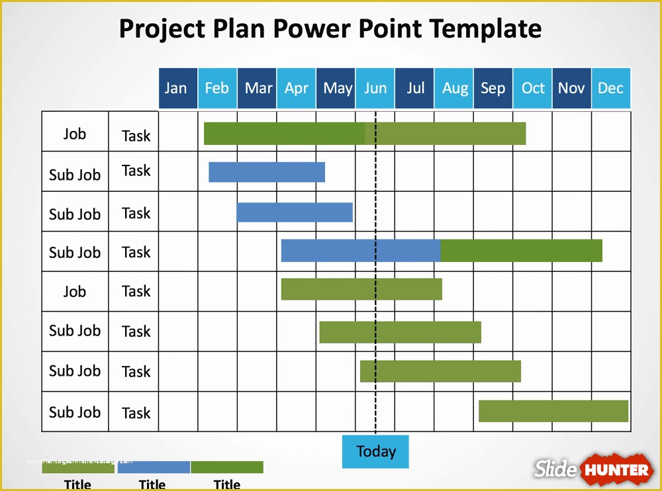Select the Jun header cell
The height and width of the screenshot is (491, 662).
click(375, 88)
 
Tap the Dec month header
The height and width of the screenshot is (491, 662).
click(611, 88)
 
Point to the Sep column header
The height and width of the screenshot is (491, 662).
click(493, 88)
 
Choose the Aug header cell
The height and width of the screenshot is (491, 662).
click(454, 88)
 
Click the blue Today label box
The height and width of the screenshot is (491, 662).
click(375, 451)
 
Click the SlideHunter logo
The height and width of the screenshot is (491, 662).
click(592, 470)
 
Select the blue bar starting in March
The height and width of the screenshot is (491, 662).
click(295, 212)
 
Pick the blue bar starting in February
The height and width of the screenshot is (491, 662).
click(267, 172)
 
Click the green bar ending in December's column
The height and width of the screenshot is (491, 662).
click(553, 411)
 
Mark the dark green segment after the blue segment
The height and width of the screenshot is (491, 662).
click(522, 251)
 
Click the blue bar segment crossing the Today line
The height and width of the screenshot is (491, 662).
click(361, 251)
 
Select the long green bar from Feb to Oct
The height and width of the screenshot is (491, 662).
click(365, 134)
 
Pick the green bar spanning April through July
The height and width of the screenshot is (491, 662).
click(361, 289)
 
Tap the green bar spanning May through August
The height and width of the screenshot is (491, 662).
click(400, 332)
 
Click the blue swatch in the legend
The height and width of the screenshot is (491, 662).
click(154, 467)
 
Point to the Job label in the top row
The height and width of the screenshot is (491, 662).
click(75, 134)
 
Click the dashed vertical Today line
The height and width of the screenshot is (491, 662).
click(375, 311)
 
